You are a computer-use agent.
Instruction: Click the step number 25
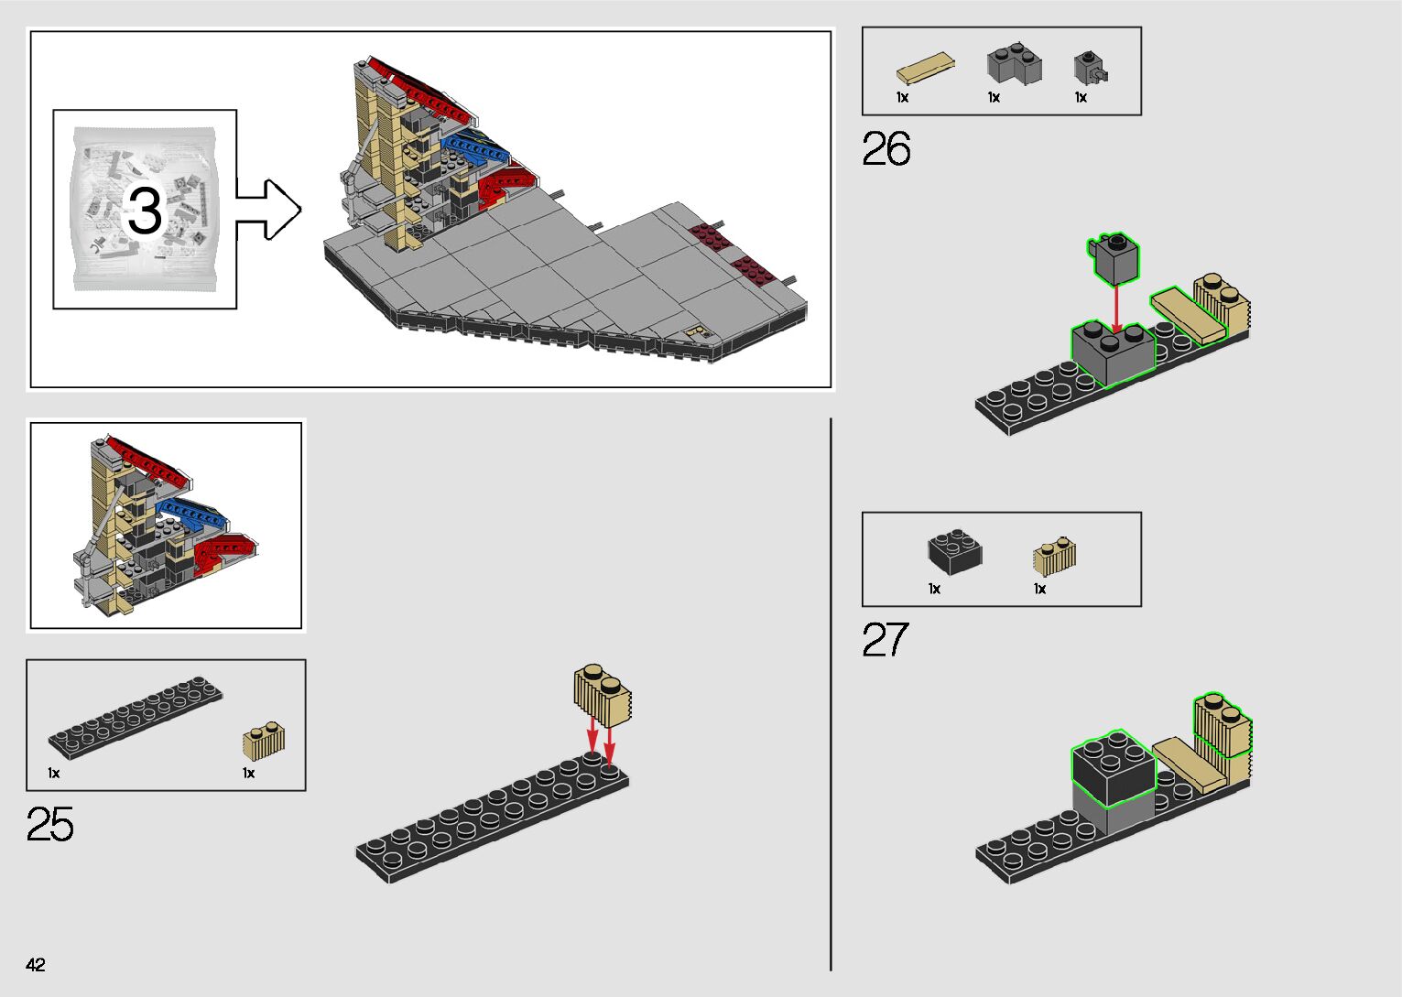click(50, 824)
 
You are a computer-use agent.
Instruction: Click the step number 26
click(886, 149)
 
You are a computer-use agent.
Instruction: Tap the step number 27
click(885, 640)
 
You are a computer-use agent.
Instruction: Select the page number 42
click(36, 964)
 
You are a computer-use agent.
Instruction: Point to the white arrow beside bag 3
click(268, 210)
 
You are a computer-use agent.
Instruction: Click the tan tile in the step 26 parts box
click(926, 70)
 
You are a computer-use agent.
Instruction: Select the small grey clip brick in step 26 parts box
click(1090, 67)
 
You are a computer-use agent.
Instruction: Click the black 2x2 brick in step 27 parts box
click(954, 551)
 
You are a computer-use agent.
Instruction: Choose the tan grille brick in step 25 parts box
click(264, 741)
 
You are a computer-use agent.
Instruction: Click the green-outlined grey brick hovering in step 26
click(1114, 257)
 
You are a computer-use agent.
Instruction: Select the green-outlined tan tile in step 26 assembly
click(1189, 316)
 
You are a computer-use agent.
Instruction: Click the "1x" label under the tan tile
click(902, 97)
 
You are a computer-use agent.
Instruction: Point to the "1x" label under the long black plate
click(54, 774)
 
